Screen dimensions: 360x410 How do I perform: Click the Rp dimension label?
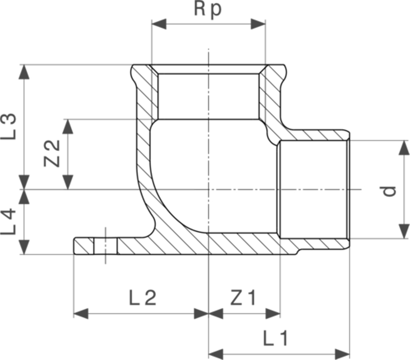pos(208,10)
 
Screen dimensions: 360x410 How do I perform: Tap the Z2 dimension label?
pos(52,154)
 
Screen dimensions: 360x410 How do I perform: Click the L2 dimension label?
pos(142,297)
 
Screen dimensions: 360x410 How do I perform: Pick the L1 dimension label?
pos(277,338)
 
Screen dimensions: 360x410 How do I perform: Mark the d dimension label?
pos(391,190)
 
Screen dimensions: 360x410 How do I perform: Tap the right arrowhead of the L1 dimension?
pos(343,353)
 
